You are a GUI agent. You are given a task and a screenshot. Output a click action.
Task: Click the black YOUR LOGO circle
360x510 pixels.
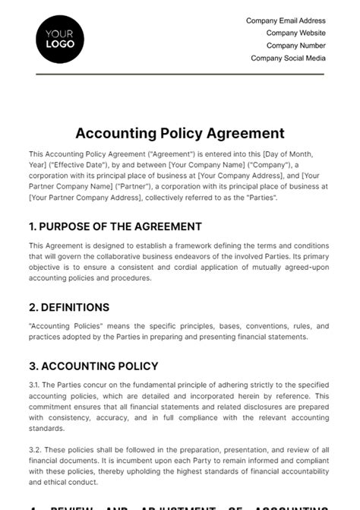tap(60, 39)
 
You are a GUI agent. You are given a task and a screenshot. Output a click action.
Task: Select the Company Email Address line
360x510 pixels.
tap(286, 21)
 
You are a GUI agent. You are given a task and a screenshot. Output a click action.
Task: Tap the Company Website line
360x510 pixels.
tap(295, 33)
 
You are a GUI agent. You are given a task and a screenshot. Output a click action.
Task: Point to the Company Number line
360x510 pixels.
tap(295, 46)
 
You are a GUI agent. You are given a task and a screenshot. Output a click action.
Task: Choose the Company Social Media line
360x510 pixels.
tap(288, 58)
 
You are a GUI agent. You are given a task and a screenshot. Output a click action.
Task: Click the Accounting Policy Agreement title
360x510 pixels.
tap(180, 134)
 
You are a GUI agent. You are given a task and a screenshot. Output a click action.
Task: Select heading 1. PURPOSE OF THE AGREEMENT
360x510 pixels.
tap(115, 226)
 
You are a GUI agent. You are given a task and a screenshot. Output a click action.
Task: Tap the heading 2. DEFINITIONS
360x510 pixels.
tap(69, 308)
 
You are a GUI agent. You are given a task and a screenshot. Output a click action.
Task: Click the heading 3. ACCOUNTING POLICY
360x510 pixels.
tap(93, 366)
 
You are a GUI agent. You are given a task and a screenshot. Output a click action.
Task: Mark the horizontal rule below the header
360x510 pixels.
tap(180, 74)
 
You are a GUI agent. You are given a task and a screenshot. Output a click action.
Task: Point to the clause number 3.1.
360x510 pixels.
tap(36, 385)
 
